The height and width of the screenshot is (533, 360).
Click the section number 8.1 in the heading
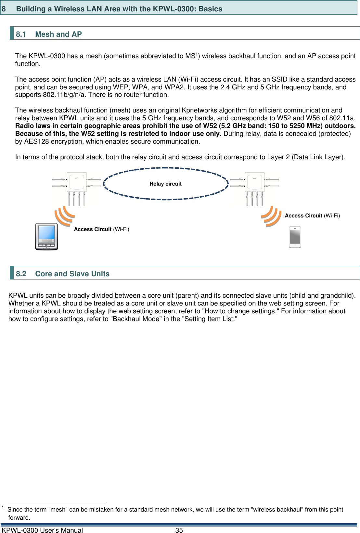(x=21, y=34)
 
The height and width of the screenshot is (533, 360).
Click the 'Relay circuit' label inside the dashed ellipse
(x=165, y=184)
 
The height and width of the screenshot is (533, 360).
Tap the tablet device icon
(x=46, y=237)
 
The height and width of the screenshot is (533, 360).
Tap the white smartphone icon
(x=295, y=237)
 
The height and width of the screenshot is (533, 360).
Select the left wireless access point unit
(x=76, y=188)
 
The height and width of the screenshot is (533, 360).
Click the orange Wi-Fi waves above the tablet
(x=64, y=216)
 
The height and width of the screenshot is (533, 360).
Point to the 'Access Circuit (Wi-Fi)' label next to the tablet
(x=101, y=229)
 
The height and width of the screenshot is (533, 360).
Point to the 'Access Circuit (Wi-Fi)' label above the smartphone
(x=312, y=215)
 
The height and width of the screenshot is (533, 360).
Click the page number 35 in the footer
(x=179, y=530)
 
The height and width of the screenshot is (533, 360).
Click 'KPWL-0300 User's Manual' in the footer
(x=43, y=530)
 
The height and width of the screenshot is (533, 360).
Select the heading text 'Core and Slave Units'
(x=72, y=274)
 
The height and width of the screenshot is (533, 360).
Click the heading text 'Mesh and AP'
(x=58, y=34)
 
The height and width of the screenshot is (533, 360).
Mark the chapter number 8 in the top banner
(x=4, y=9)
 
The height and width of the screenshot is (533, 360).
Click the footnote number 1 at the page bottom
(x=3, y=508)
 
